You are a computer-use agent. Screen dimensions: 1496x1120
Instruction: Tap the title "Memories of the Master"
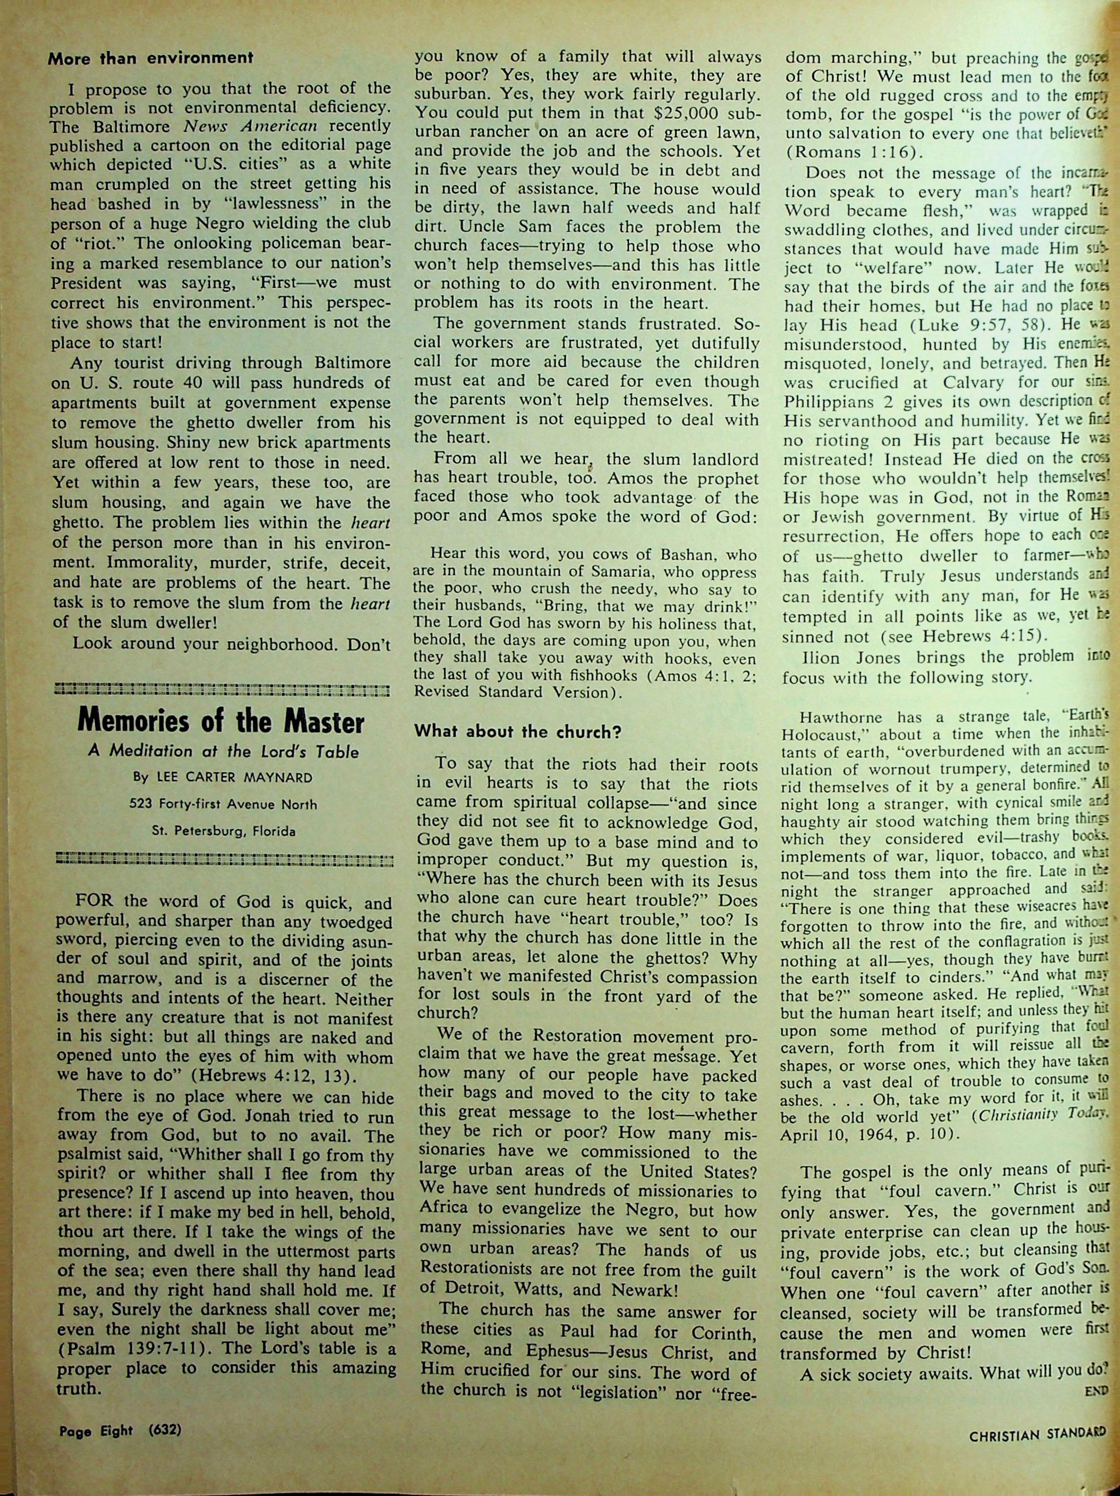(x=221, y=722)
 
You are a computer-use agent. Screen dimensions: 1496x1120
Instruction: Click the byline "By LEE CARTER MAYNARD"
(x=222, y=778)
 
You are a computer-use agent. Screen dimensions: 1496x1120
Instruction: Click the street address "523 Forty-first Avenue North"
(x=222, y=804)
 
